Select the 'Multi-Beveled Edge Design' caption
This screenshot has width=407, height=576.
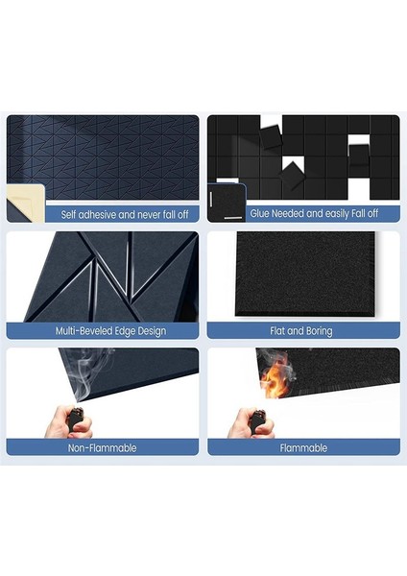tap(111, 331)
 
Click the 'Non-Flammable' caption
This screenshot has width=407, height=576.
tap(103, 447)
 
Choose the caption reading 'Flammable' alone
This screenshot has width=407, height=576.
tap(302, 447)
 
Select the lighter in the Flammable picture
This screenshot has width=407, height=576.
tap(257, 420)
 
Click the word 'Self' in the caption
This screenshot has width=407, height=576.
tap(70, 215)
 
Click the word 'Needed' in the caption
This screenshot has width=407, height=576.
tap(286, 215)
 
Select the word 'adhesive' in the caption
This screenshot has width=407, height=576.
tap(101, 215)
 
